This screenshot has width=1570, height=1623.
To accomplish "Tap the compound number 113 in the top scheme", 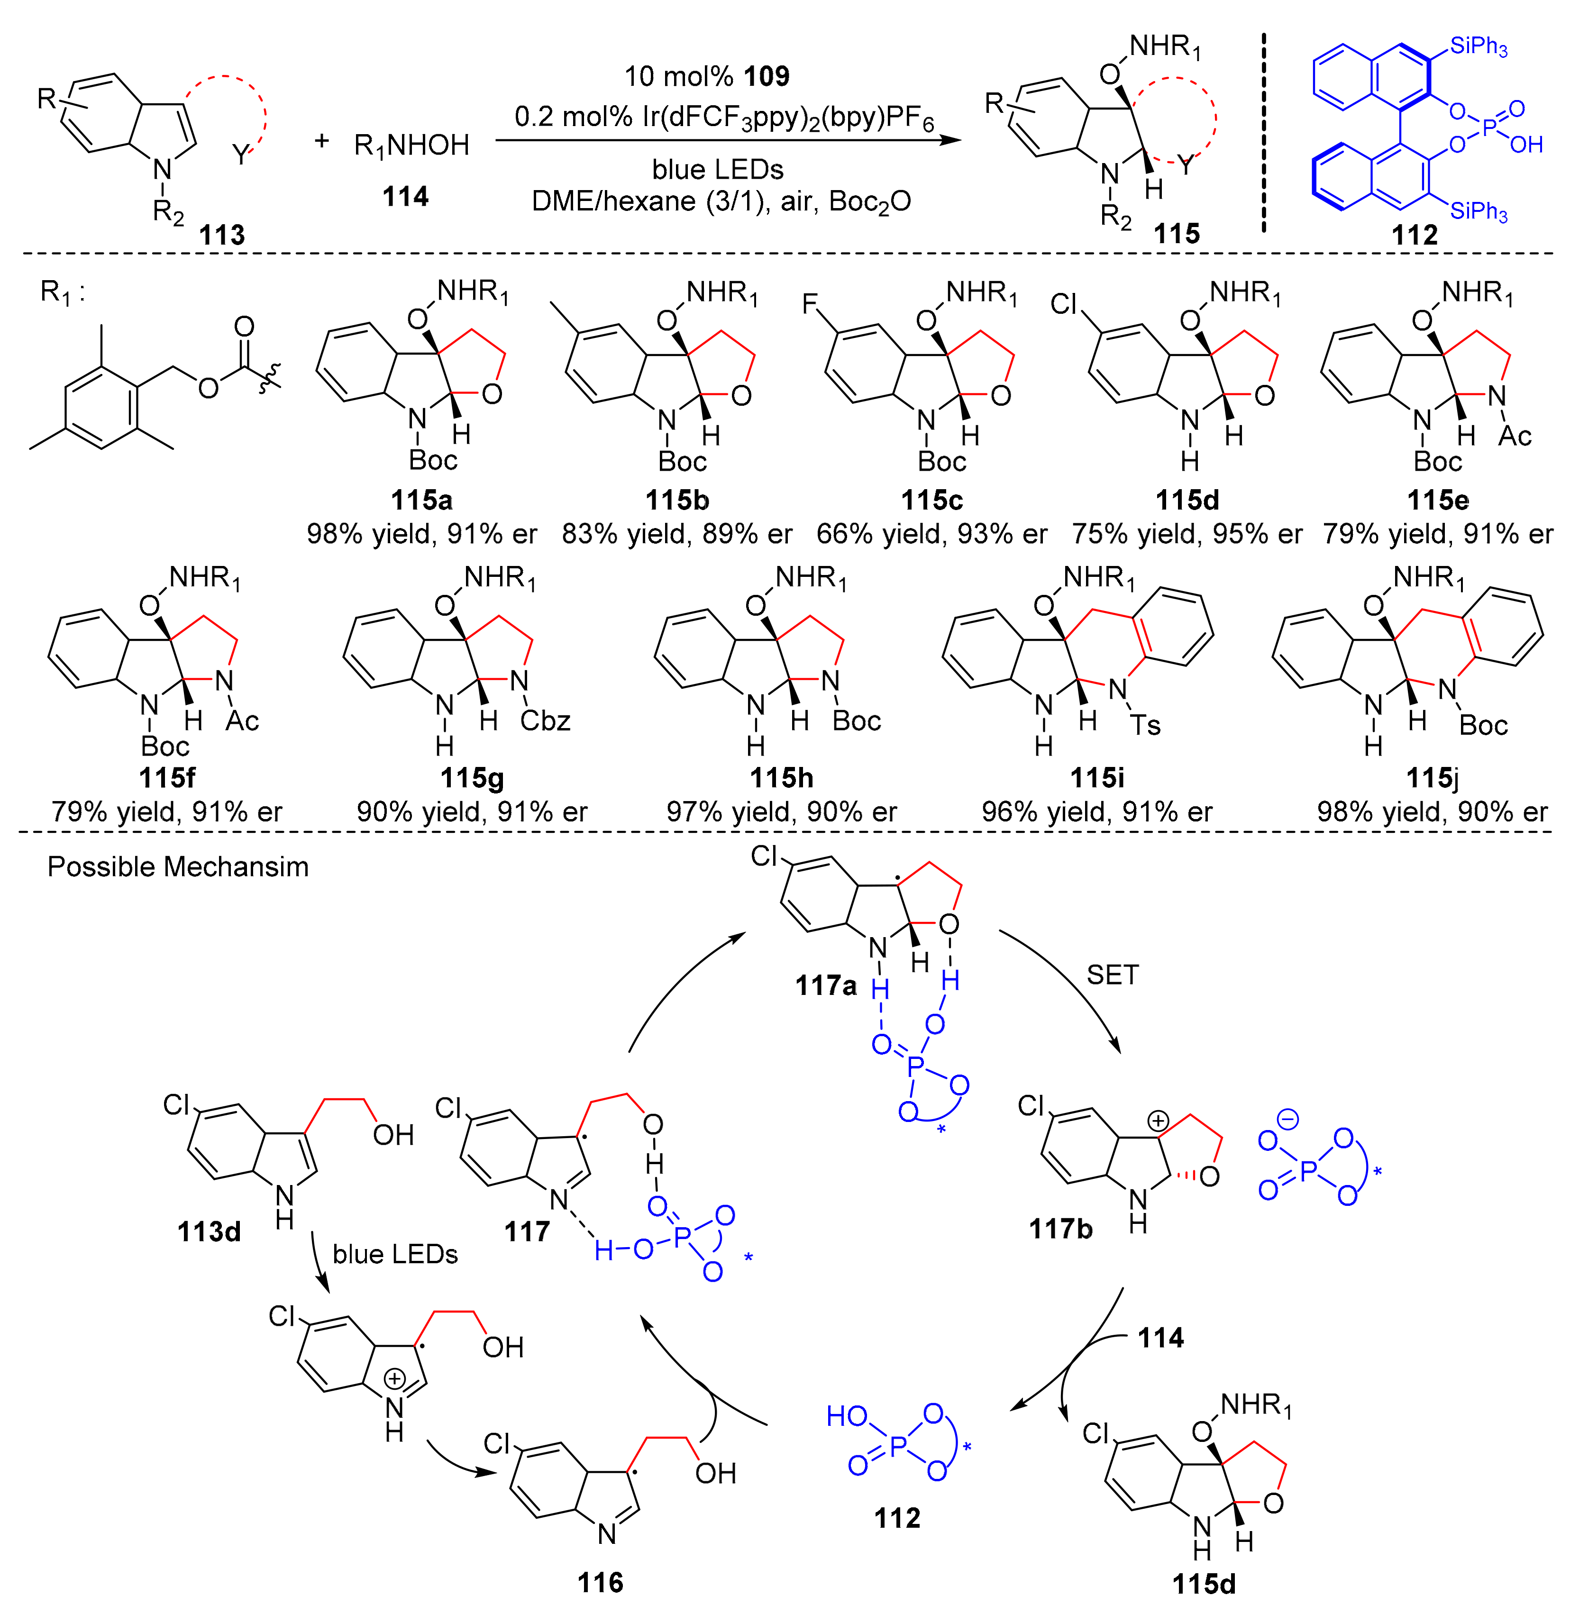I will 222,235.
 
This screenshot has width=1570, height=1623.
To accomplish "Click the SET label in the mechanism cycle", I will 1112,975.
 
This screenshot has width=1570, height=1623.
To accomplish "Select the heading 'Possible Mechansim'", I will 178,867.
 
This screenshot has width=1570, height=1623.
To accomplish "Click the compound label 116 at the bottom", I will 600,1582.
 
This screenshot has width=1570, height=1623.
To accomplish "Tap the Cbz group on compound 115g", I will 546,721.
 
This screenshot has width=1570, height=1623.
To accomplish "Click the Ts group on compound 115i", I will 1146,725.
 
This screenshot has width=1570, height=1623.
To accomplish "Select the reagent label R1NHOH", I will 411,146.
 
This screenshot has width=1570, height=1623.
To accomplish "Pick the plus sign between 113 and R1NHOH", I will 321,141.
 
